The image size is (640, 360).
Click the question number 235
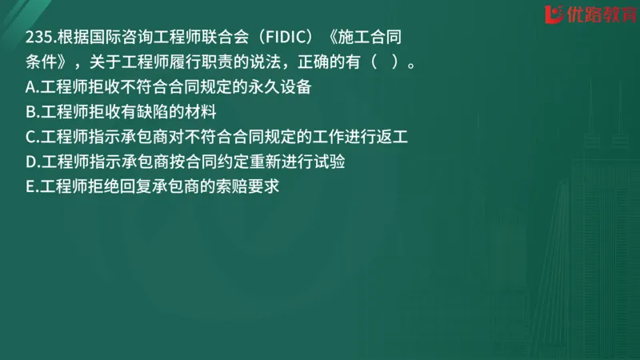(x=38, y=38)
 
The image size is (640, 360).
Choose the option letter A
(x=30, y=86)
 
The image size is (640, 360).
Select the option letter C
(x=30, y=137)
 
